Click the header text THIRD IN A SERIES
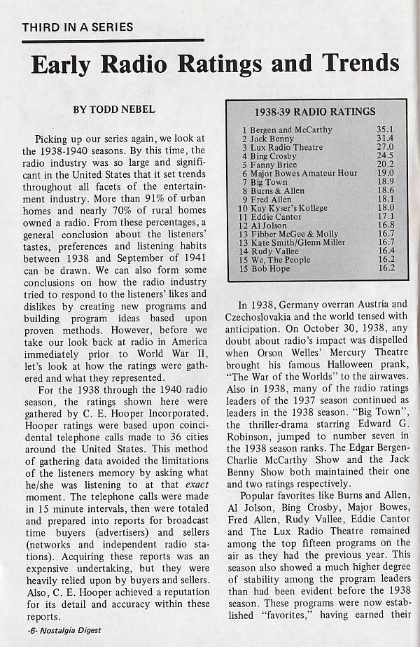(77, 27)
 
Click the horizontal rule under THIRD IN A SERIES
(113, 41)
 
